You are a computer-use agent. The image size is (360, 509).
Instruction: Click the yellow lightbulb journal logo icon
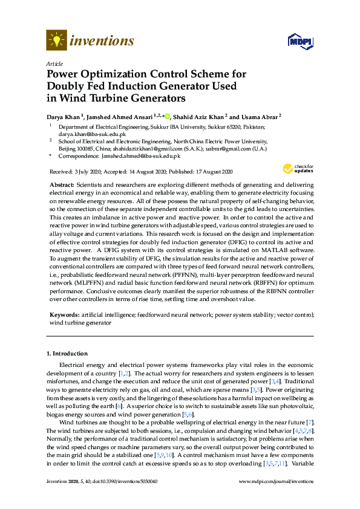pos(56,41)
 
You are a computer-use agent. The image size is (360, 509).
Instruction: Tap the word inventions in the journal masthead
pos(102,41)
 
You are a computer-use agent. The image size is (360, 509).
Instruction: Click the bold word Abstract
pos(61,183)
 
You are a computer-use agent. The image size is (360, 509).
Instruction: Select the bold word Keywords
pos(64,315)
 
